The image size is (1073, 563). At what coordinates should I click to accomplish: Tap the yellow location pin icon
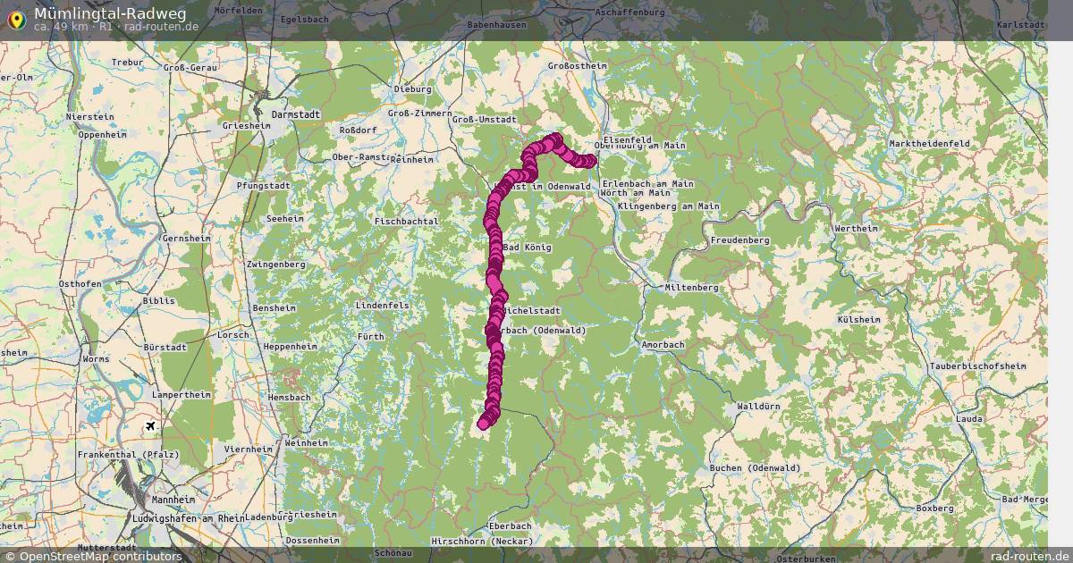(x=16, y=19)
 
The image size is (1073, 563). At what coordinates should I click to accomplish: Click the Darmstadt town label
(x=295, y=115)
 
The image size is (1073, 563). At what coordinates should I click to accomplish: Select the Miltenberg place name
(x=691, y=288)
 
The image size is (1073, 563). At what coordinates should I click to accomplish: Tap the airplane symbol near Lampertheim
(x=150, y=425)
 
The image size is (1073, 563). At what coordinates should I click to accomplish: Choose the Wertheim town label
(x=855, y=229)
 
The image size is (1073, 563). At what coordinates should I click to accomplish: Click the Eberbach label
(x=510, y=526)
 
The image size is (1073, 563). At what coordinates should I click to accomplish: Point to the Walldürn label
(x=758, y=407)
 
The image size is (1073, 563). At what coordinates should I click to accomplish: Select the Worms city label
(x=96, y=359)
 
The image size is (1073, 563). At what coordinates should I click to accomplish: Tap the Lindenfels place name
(x=382, y=306)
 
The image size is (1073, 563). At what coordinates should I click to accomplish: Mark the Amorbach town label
(x=663, y=344)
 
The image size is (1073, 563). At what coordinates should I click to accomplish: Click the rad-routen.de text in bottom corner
(x=1029, y=556)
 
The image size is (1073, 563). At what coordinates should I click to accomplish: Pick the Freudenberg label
(x=739, y=240)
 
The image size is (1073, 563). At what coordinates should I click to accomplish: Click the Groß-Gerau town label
(x=191, y=68)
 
